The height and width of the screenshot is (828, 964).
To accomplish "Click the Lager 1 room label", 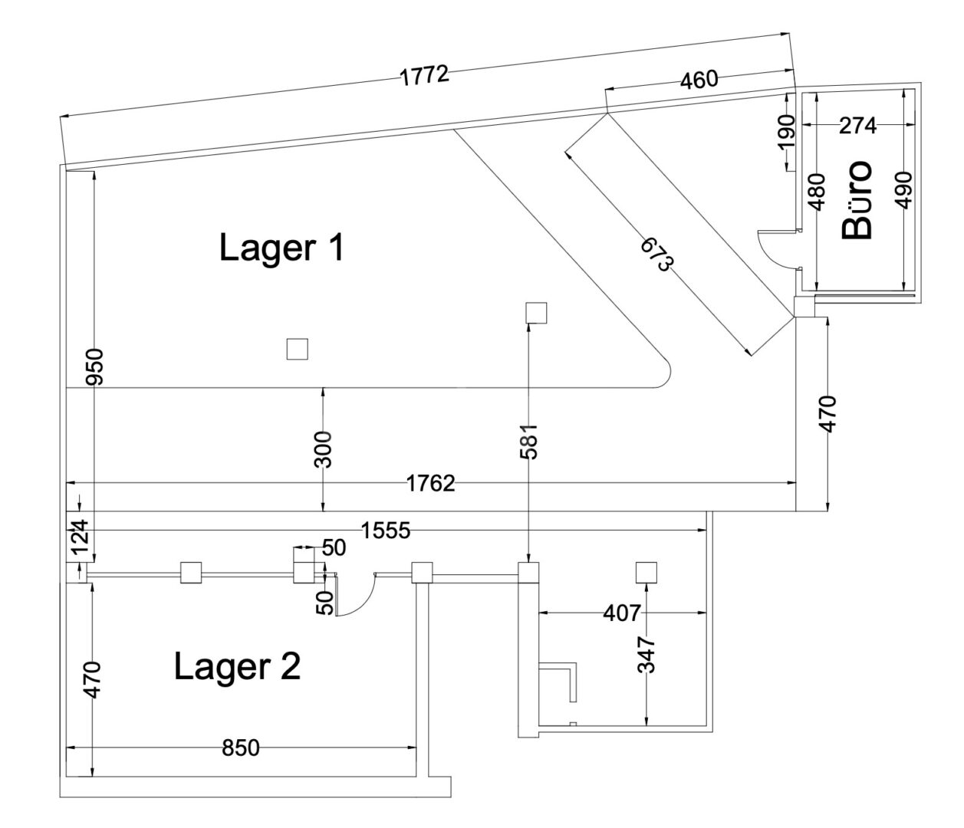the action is coord(281,247).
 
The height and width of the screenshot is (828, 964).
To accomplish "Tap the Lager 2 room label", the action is coord(237,666).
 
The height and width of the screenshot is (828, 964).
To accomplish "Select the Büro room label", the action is coord(857,199).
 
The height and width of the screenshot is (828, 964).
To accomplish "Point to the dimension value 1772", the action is coord(425,76).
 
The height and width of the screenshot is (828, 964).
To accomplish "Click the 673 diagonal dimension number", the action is coord(657,254).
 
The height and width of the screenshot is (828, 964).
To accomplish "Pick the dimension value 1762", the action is coord(430,484).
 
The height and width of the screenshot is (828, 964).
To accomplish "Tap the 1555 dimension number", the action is coord(386,531).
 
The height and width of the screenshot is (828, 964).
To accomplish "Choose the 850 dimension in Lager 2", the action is coord(241,747).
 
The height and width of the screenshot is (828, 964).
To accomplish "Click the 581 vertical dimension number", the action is coord(529,442).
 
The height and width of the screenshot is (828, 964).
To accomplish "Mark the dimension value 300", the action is coord(323,450).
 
